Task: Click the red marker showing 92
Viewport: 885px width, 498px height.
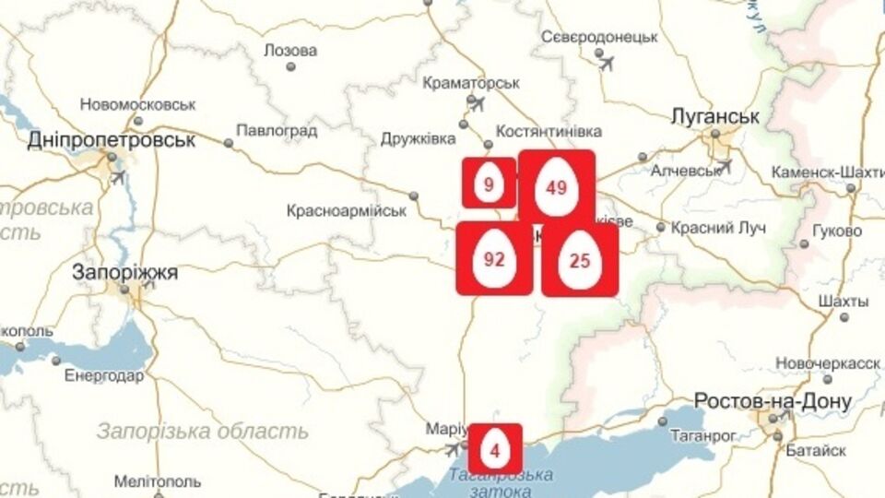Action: pyautogui.click(x=494, y=258)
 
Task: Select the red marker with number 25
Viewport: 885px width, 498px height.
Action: pyautogui.click(x=580, y=260)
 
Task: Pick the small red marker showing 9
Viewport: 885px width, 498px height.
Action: pyautogui.click(x=489, y=183)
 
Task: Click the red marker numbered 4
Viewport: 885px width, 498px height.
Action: pyautogui.click(x=495, y=450)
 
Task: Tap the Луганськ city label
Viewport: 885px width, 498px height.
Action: pyautogui.click(x=716, y=117)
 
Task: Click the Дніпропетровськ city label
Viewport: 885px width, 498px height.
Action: pyautogui.click(x=112, y=141)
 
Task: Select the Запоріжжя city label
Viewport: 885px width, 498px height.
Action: pyautogui.click(x=125, y=273)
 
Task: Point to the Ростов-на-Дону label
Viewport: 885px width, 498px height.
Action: pyautogui.click(x=773, y=402)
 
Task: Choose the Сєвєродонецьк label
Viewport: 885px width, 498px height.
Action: pyautogui.click(x=599, y=37)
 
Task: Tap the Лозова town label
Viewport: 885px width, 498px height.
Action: pyautogui.click(x=289, y=50)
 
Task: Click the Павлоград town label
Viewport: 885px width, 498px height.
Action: pyautogui.click(x=277, y=130)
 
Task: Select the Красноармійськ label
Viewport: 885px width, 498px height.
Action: pyautogui.click(x=347, y=210)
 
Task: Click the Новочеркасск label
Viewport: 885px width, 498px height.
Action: pyautogui.click(x=828, y=362)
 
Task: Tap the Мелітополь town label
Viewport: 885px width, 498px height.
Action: pyautogui.click(x=158, y=481)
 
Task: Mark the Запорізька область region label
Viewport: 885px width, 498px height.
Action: pyautogui.click(x=202, y=431)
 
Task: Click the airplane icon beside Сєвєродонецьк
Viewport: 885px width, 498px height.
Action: pyautogui.click(x=607, y=62)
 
